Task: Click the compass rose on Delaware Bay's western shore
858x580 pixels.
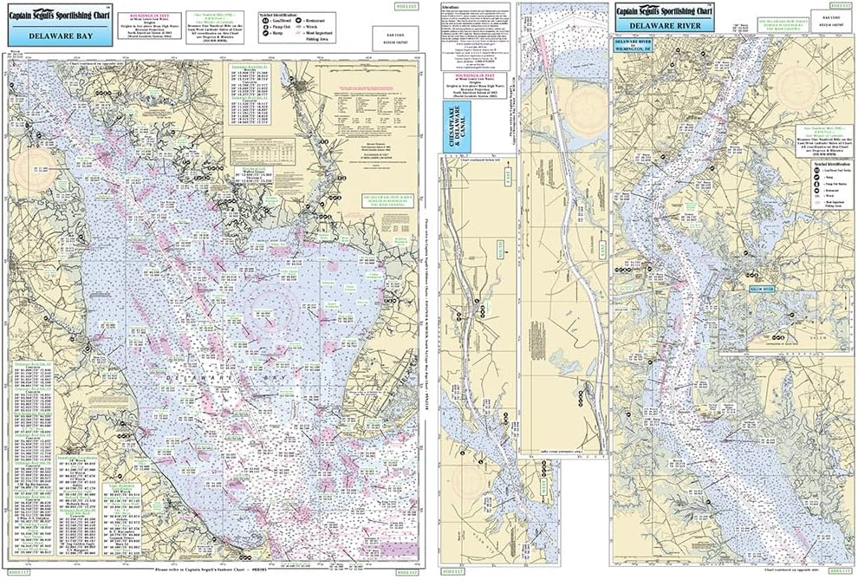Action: click(x=41, y=167)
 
